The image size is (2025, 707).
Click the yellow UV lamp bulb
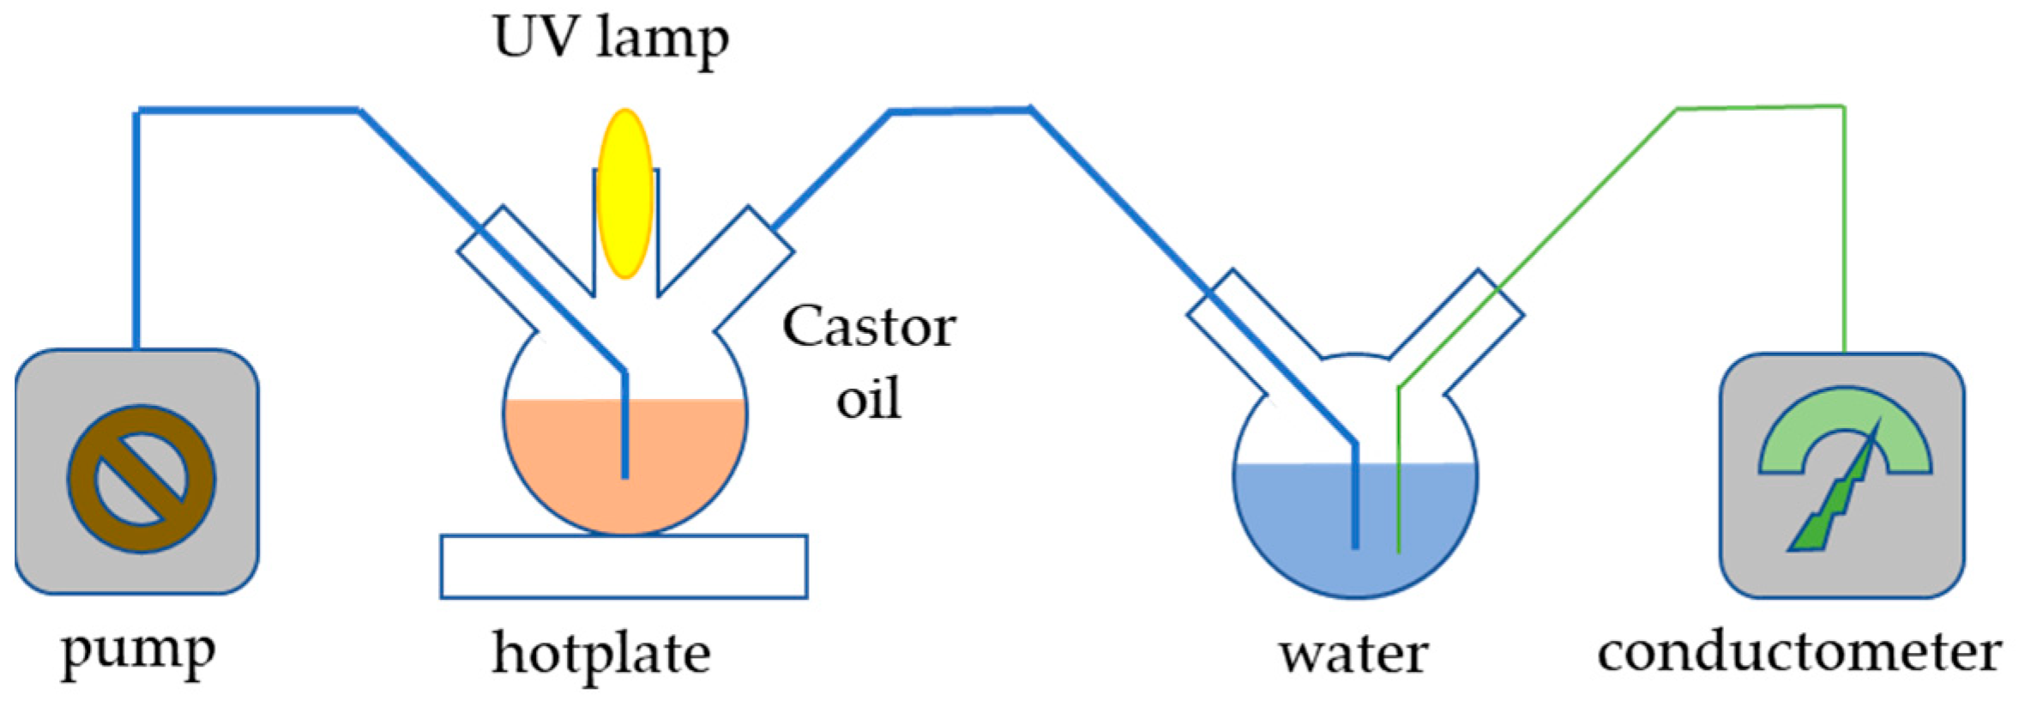coord(624,193)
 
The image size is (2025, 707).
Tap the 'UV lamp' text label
coord(611,39)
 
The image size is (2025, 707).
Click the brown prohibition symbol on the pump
coord(142,479)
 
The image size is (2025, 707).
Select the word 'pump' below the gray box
coord(138,654)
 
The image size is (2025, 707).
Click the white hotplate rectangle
coord(624,566)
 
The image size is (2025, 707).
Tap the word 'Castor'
coord(869,328)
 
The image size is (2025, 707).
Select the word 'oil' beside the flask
coord(869,399)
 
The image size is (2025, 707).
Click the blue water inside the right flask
coord(1287,523)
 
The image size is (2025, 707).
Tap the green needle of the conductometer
coord(1835,506)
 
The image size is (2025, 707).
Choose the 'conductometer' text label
coord(1799,654)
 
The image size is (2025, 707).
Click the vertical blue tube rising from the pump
coord(136,232)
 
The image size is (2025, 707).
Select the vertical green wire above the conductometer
coord(1843,232)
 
